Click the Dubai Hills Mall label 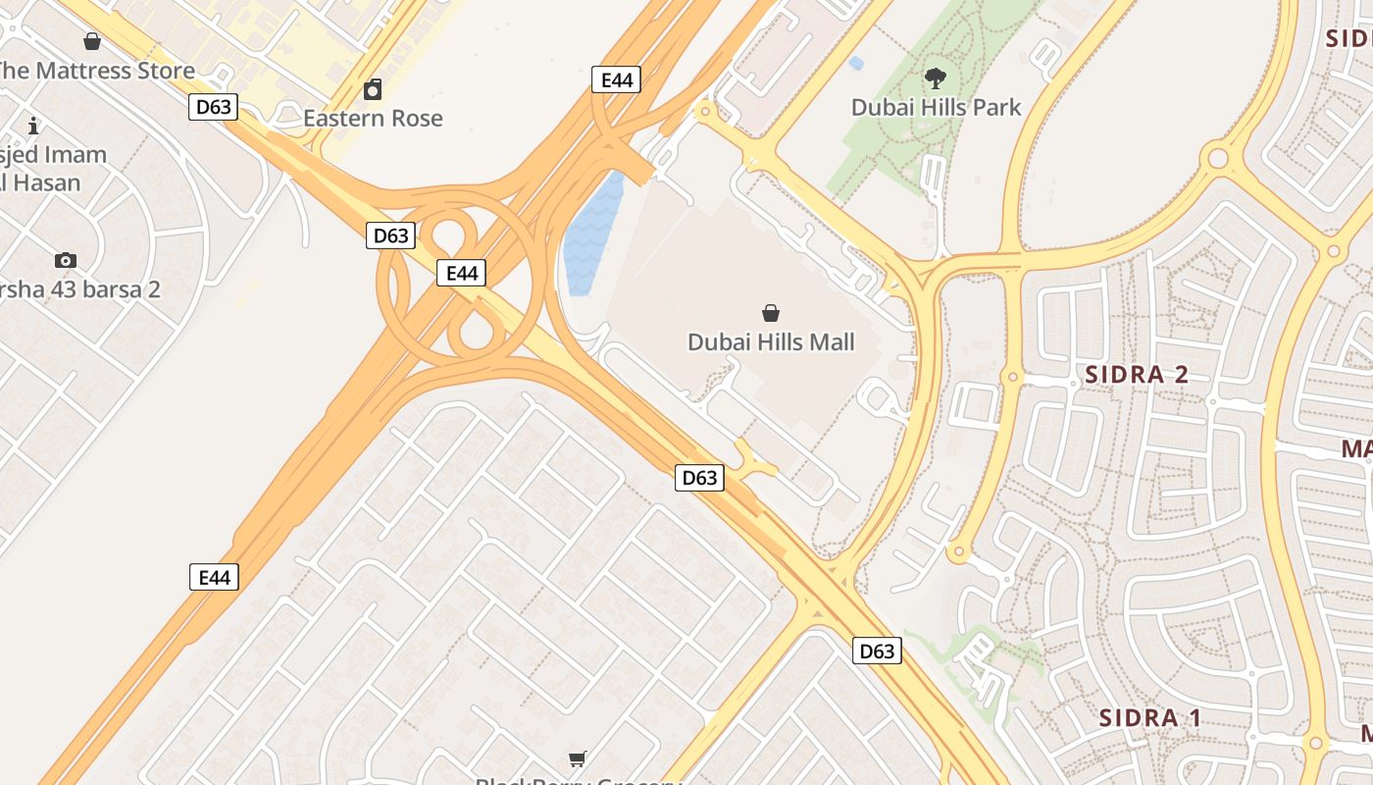771,342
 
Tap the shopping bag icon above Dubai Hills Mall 771,313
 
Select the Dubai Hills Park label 936,107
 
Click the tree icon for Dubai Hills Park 936,78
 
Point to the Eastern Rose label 373,119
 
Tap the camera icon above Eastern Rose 373,91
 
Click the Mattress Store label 98,71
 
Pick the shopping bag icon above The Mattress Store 92,41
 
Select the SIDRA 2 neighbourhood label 1137,374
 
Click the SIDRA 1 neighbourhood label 1149,717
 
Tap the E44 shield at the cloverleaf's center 461,273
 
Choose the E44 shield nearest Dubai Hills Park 616,79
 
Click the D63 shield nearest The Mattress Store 213,106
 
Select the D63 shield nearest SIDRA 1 876,651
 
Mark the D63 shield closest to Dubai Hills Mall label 699,478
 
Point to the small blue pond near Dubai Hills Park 856,64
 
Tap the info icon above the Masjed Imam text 33,126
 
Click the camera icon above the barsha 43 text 66,260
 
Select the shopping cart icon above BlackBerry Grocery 578,759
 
